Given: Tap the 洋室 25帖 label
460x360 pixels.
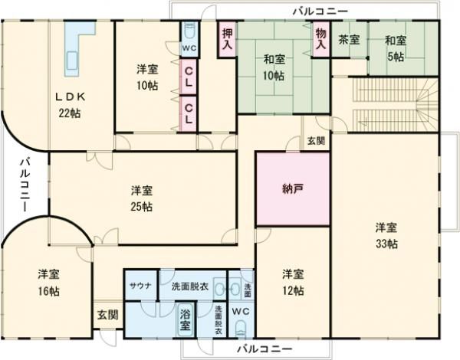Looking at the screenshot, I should [140, 198].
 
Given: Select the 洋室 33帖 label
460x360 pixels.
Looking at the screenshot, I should [386, 235].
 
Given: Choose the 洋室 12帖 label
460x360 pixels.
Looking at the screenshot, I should [292, 281].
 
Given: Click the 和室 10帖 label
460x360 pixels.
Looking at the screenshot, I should [274, 67].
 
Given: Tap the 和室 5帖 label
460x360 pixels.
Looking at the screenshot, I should [395, 47].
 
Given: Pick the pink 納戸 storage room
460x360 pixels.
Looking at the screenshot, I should [293, 188].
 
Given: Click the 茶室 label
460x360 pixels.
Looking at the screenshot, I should [350, 40].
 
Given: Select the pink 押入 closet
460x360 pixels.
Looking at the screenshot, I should [227, 39].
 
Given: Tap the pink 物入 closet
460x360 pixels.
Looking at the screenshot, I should [320, 39].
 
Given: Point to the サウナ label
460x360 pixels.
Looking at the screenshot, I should [140, 286].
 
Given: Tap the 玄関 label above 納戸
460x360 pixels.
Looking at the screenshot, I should [315, 141].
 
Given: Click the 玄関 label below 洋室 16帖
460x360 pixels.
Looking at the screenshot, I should [107, 314].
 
